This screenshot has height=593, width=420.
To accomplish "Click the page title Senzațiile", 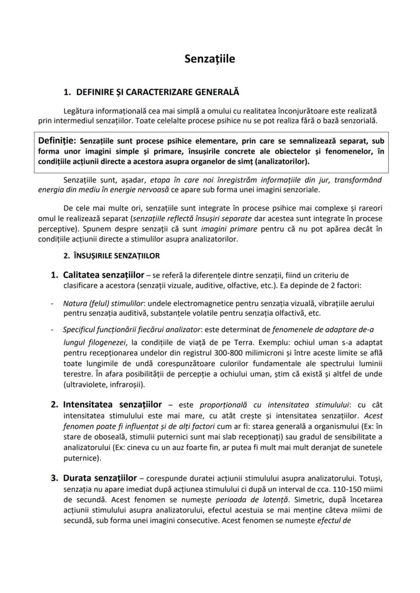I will click(x=209, y=59).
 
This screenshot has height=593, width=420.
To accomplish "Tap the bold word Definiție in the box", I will click(x=57, y=140).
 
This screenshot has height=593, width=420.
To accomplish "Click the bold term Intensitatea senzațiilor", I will click(x=112, y=405).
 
